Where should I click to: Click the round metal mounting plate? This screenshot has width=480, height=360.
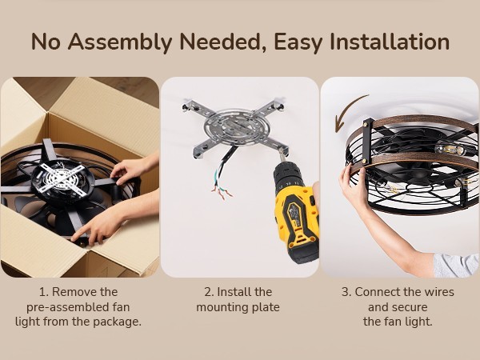(235, 127)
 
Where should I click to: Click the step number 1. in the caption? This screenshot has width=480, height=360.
(43, 292)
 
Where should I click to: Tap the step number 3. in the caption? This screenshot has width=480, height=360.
(346, 292)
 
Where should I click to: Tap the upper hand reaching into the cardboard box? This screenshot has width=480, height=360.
(131, 170)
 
